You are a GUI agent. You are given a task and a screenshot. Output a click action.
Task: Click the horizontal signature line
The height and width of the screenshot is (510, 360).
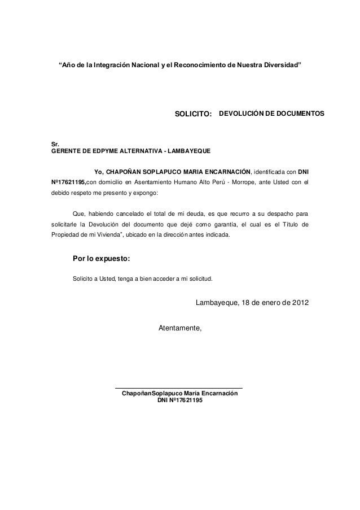pyautogui.click(x=178, y=387)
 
